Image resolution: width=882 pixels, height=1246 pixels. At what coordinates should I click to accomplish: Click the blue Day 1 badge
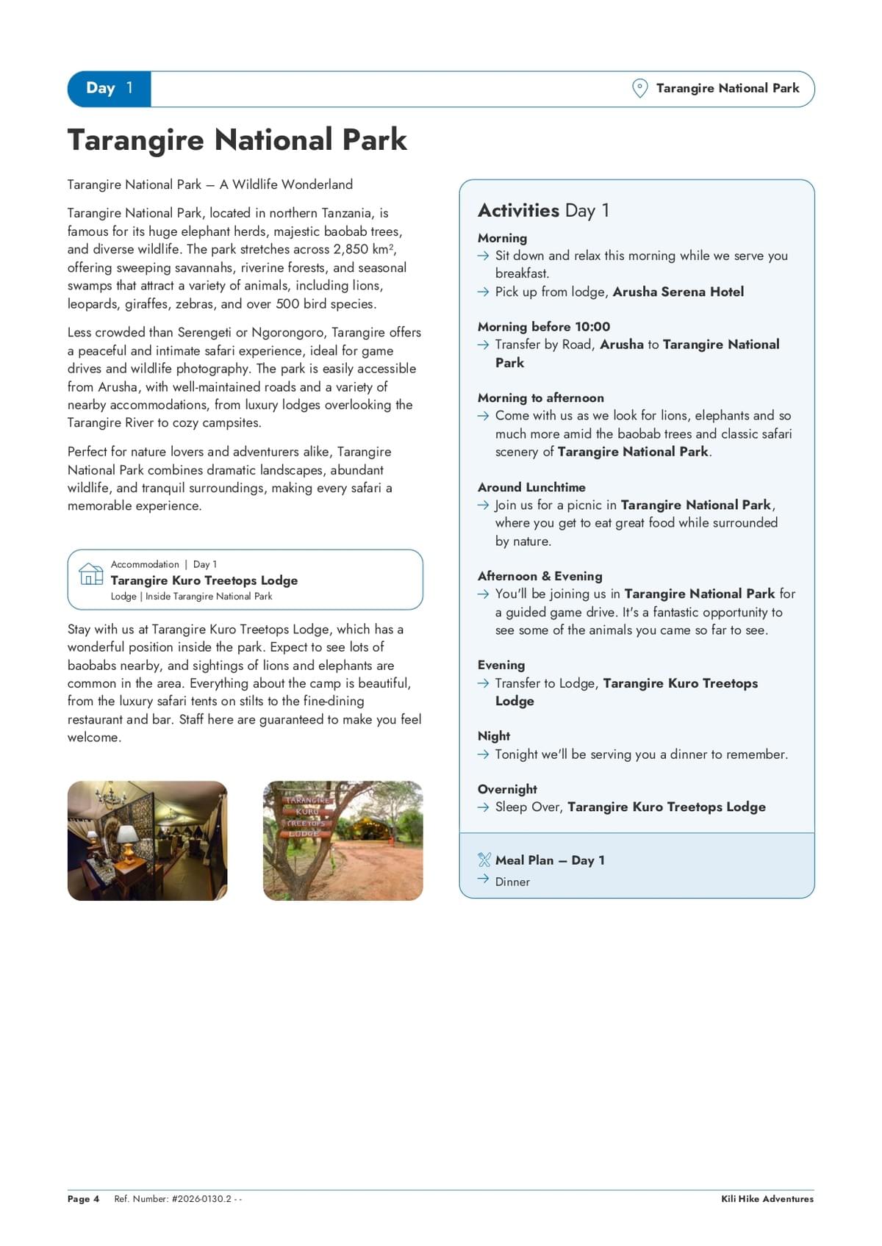pos(109,89)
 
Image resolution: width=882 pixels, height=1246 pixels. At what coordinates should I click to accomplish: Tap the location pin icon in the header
pos(639,88)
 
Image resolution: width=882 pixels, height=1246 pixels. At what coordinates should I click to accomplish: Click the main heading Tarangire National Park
pos(237,140)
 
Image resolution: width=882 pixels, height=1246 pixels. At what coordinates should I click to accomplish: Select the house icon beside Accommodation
pos(91,574)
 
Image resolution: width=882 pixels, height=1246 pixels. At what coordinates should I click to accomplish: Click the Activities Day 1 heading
pos(543,211)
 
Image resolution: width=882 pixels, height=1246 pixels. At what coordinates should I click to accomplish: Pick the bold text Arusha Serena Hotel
pos(678,292)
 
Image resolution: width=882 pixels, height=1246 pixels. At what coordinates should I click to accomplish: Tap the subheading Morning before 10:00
pos(543,326)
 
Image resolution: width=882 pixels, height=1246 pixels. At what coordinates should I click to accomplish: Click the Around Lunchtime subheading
pos(531,487)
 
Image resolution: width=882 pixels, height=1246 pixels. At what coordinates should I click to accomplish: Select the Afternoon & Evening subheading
pos(539,576)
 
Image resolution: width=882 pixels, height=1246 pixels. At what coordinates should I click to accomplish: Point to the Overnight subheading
pos(507,789)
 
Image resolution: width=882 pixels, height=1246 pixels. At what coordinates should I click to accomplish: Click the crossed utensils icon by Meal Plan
pos(484,860)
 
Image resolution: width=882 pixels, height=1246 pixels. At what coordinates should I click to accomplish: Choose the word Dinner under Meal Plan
pos(512,882)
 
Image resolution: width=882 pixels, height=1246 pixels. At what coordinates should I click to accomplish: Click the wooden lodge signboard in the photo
pos(308,815)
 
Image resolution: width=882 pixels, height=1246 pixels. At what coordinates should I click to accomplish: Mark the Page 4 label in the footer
pos(83,1199)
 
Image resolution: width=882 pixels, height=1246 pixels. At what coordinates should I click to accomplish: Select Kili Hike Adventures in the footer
pos(767,1199)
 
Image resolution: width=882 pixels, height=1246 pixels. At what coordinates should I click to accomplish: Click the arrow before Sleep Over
pos(483,807)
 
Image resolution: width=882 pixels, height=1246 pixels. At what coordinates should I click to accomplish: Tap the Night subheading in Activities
pos(494,736)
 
